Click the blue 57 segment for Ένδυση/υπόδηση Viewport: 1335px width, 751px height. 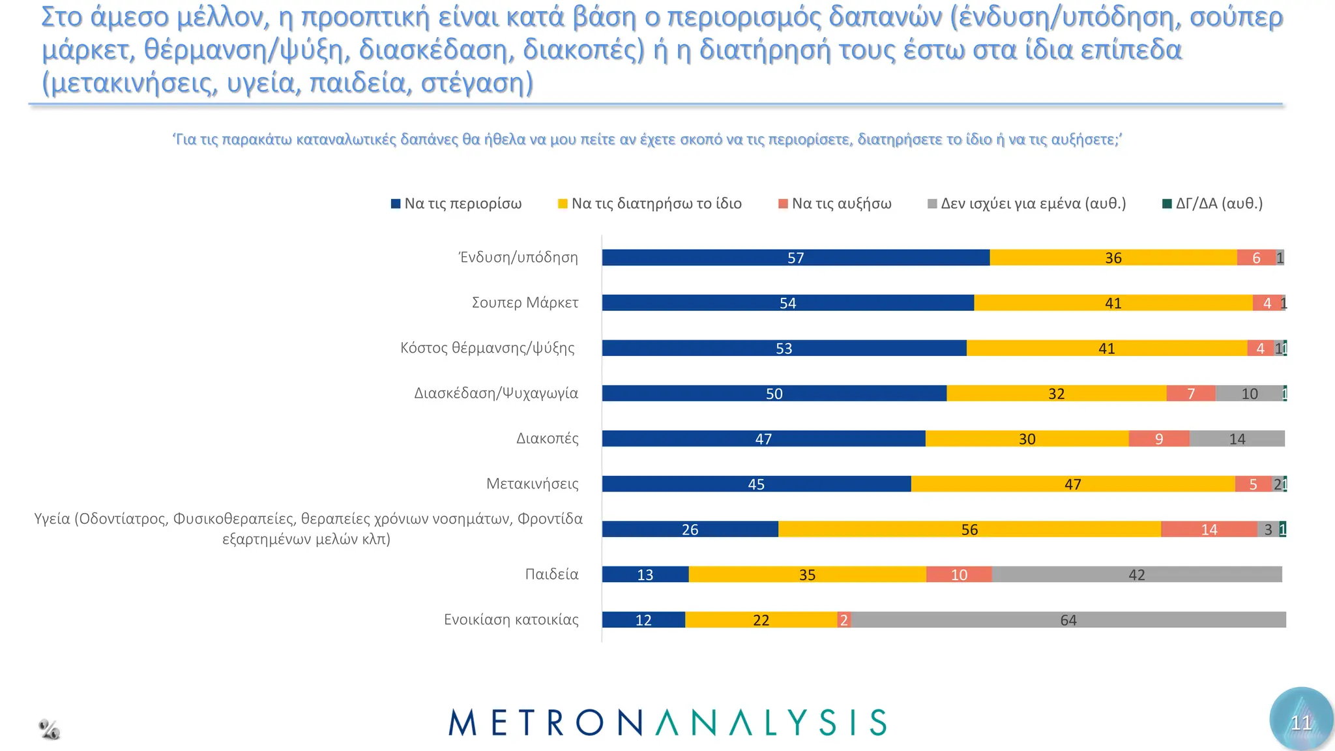tap(795, 258)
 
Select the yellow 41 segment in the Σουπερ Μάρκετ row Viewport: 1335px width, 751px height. tap(1113, 303)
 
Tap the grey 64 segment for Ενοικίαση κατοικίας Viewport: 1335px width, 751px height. tap(1068, 620)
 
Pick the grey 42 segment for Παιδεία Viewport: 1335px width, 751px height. tap(1136, 574)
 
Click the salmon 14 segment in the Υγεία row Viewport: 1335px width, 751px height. tap(1209, 529)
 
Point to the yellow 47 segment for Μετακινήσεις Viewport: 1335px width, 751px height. tap(1072, 484)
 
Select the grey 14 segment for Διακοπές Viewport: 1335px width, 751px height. tap(1237, 439)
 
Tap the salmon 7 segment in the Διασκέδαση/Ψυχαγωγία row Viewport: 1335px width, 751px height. tap(1190, 394)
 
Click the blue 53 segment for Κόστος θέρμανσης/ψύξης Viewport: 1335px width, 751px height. tap(784, 348)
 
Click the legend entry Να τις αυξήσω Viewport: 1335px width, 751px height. tap(835, 203)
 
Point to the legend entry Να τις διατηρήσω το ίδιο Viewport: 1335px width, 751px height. tap(650, 203)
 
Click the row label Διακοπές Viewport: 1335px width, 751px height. tap(547, 438)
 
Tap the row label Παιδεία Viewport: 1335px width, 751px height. tap(551, 574)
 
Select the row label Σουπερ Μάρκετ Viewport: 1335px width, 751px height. tap(525, 302)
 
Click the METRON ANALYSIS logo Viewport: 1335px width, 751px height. tap(667, 722)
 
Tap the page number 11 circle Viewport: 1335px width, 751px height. tap(1300, 721)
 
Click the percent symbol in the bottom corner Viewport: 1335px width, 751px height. tap(50, 729)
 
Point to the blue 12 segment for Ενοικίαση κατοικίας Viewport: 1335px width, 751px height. tap(643, 620)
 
